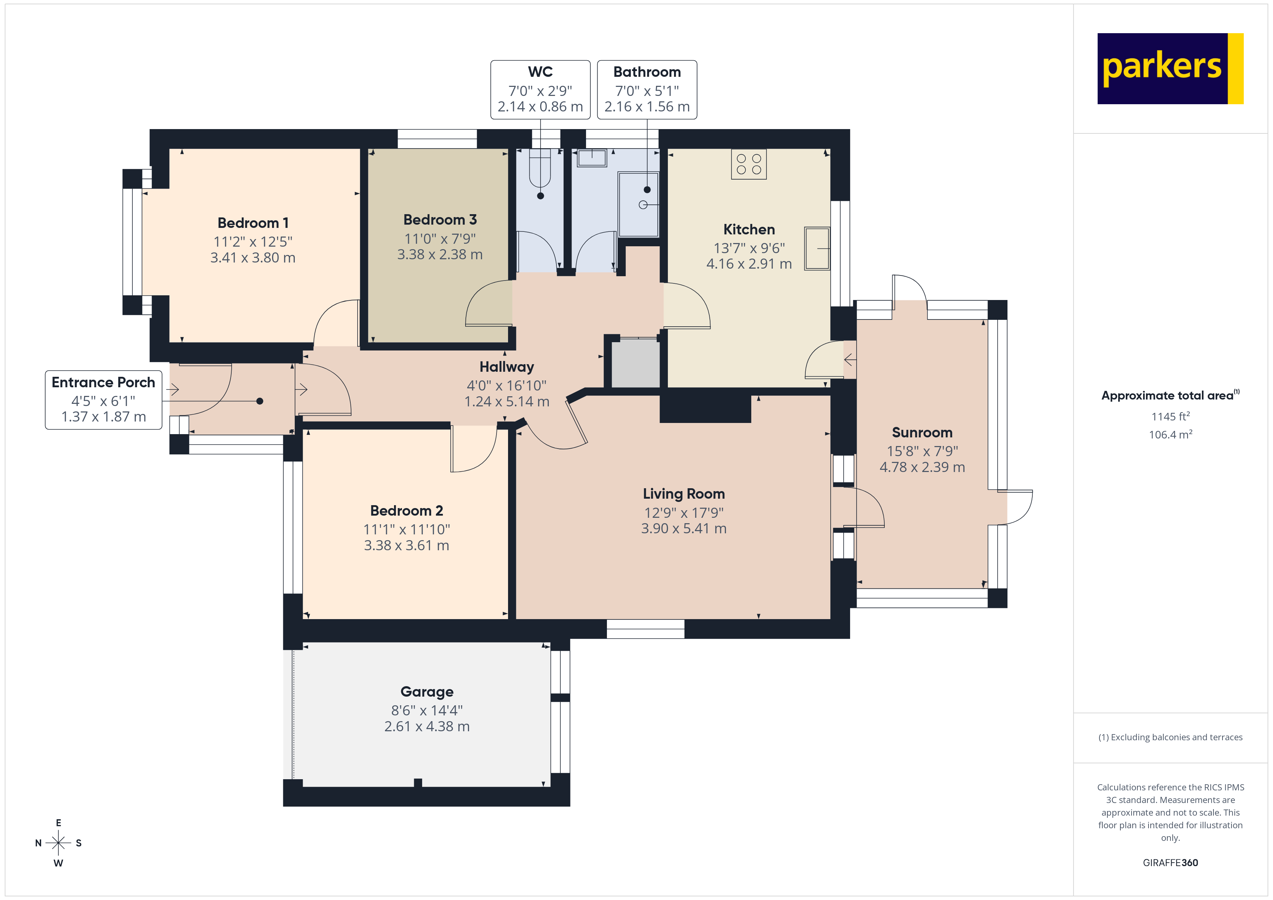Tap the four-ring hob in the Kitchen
[748, 164]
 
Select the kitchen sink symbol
[817, 248]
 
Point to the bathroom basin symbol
[592, 158]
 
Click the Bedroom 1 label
[253, 223]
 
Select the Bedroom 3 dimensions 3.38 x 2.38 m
[440, 254]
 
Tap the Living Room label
[684, 494]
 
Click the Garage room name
[426, 692]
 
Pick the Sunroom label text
[922, 433]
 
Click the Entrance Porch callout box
[104, 400]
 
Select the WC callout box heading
[540, 72]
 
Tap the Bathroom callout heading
[647, 72]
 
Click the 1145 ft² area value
[1170, 416]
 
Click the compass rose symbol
[58, 843]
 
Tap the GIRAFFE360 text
[1170, 863]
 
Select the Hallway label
[506, 367]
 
